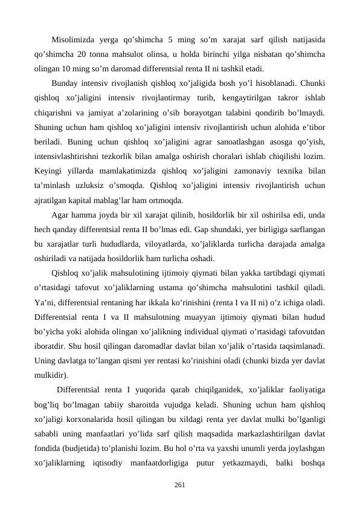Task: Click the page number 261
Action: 179,484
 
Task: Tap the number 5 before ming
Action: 171,41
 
